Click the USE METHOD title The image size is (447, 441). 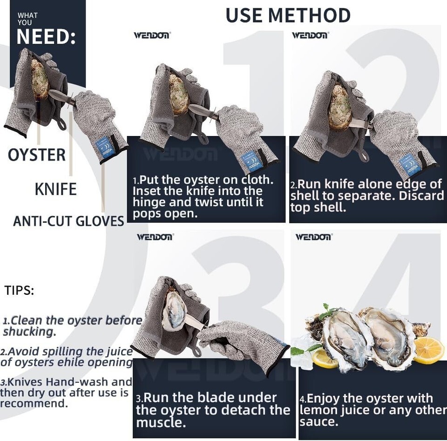tap(288, 15)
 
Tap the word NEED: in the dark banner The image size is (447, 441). tap(46, 37)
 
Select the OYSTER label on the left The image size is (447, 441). tap(36, 155)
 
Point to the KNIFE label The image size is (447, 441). tap(55, 189)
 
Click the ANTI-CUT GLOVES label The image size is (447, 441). tap(68, 221)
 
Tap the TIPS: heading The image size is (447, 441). tap(19, 291)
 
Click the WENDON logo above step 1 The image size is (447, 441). tap(152, 35)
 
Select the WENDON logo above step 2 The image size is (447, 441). tap(311, 35)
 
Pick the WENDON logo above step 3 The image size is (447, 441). tap(155, 237)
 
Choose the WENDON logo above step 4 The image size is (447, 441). tap(314, 237)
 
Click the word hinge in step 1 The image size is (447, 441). tap(149, 203)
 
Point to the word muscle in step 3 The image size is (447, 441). tap(161, 422)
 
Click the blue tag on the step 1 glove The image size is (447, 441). tap(251, 162)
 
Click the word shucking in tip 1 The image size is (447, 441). tap(29, 332)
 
